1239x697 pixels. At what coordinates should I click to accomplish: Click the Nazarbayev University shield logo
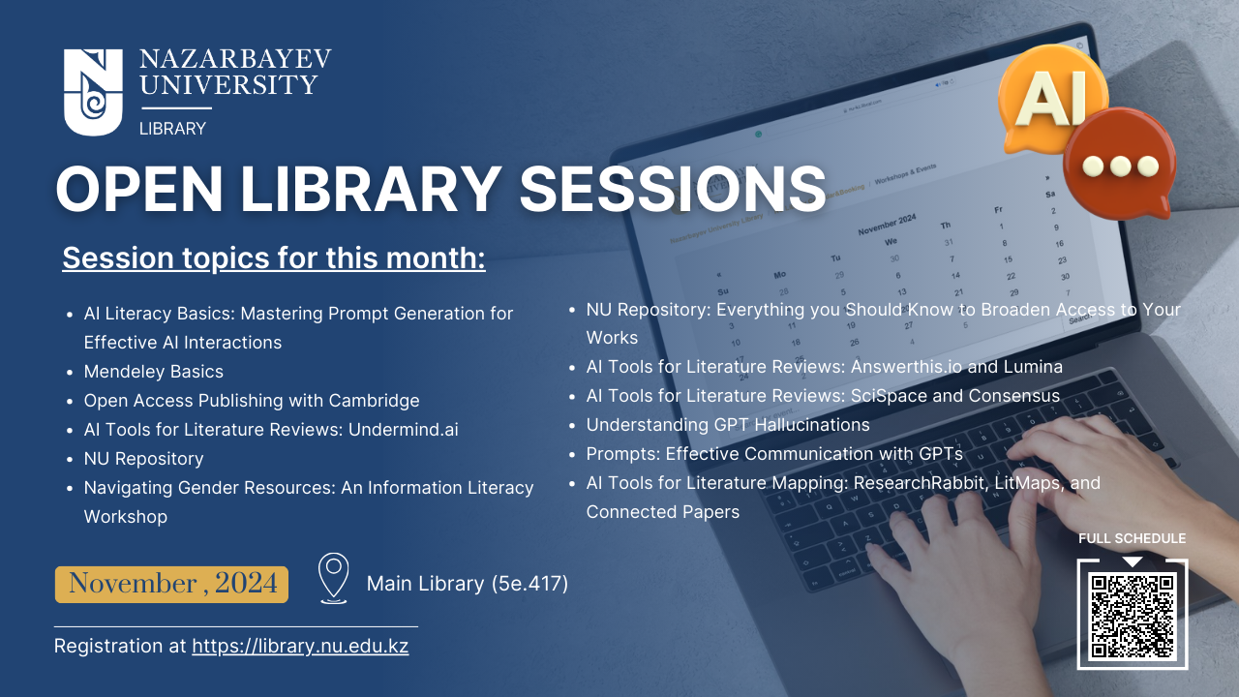(93, 92)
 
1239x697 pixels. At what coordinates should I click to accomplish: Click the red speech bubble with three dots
(1121, 164)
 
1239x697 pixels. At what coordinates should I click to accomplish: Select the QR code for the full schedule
(1133, 616)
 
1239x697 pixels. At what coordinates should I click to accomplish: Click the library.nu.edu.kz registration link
(300, 646)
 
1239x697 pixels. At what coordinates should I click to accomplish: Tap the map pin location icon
(334, 578)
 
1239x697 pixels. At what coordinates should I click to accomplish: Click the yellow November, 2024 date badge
(171, 584)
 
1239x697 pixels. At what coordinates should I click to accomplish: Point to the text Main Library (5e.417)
(468, 584)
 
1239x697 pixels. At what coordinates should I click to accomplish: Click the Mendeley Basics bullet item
(153, 371)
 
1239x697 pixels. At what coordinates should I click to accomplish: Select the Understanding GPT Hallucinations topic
(728, 425)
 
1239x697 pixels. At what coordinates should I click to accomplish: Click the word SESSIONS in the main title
(673, 189)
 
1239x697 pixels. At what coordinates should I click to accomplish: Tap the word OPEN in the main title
(139, 189)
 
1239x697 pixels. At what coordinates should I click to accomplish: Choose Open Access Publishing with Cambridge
(252, 401)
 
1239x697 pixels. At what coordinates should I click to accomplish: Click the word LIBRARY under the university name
(172, 129)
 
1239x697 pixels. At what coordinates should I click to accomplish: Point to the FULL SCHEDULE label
(1133, 538)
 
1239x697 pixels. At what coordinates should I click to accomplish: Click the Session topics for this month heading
(274, 258)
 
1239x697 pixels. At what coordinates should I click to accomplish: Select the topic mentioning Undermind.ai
(271, 430)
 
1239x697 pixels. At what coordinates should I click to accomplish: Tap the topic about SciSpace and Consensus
(823, 396)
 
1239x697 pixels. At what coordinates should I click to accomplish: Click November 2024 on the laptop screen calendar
(888, 225)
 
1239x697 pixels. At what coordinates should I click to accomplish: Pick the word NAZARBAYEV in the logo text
(235, 59)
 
